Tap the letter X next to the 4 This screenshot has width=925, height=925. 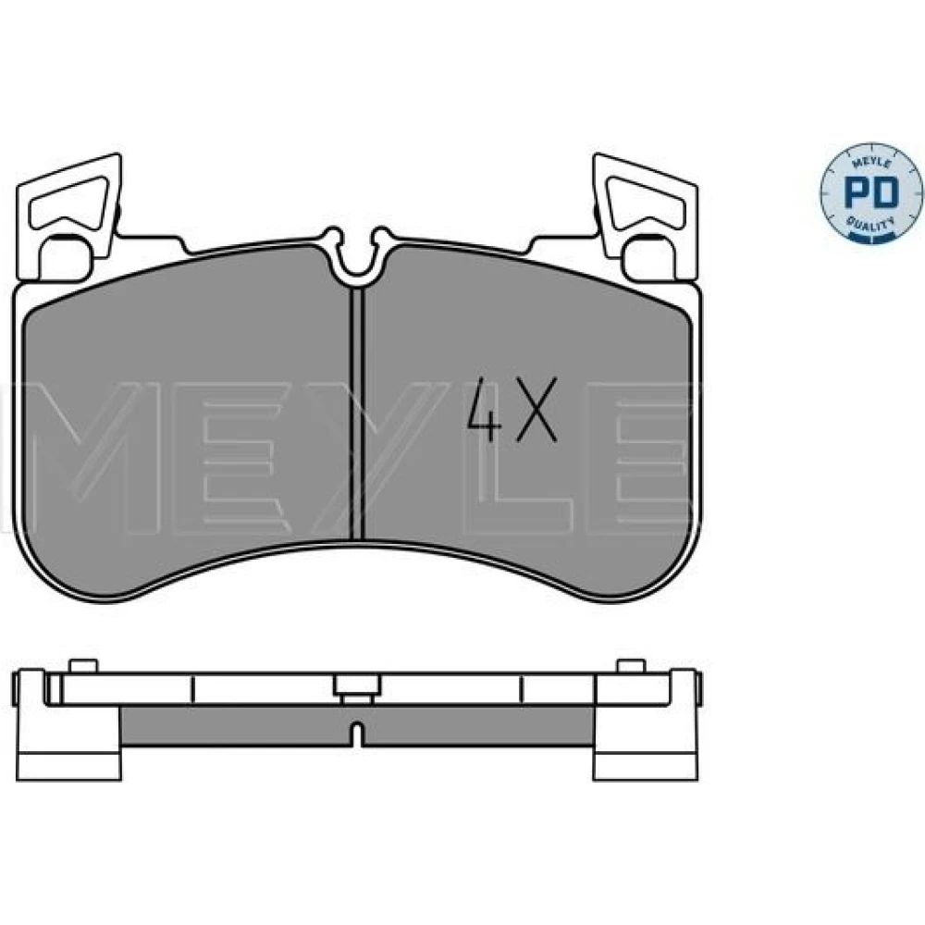(x=536, y=409)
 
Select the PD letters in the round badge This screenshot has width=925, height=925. (x=871, y=191)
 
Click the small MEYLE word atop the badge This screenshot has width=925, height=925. (x=871, y=158)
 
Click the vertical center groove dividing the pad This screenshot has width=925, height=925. (x=357, y=413)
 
